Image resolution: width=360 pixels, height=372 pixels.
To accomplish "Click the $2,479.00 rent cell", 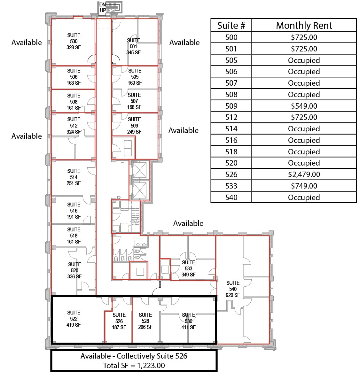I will coord(304,174).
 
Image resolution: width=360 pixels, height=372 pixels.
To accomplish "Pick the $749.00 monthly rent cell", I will coord(304,186).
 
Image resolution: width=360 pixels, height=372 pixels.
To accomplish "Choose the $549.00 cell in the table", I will coord(304,106).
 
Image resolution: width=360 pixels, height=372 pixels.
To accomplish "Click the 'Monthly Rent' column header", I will coord(304,26).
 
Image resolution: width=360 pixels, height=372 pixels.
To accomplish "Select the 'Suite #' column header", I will coord(231,26).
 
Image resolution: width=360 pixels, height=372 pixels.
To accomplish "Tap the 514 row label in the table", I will coord(231,129).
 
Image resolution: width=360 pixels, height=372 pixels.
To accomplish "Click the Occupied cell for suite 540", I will coord(304,198).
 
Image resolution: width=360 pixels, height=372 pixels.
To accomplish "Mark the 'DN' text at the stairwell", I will coord(102,5).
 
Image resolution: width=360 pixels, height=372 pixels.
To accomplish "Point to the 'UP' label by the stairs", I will coord(103,10).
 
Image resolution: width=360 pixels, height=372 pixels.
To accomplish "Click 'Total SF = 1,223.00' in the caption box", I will coord(134,366).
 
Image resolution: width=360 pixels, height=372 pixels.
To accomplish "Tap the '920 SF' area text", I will coord(233,295).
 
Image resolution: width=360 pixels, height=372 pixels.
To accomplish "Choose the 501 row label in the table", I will coord(231,49).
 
